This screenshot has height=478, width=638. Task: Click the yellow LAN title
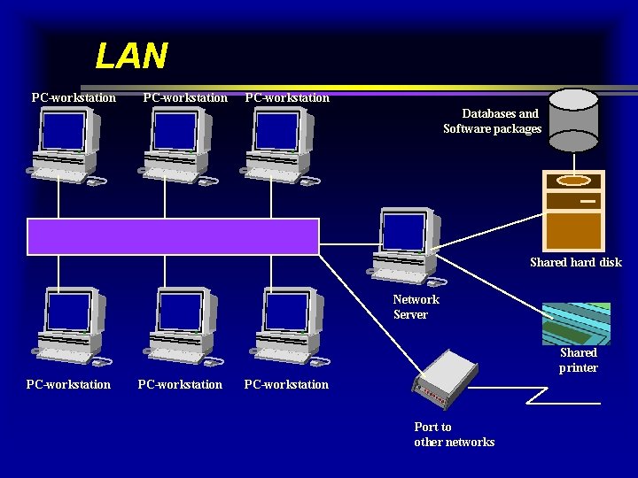(x=131, y=57)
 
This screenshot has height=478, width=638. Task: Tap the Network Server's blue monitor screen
(x=403, y=231)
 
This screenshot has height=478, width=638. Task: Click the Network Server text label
(x=415, y=307)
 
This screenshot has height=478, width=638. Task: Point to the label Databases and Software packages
(x=492, y=121)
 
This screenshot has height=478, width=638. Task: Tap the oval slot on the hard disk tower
(x=573, y=181)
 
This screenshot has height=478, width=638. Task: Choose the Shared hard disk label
(x=575, y=262)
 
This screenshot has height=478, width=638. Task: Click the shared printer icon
(x=576, y=323)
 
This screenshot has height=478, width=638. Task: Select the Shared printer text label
(x=578, y=360)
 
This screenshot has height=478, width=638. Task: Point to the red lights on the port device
(x=430, y=391)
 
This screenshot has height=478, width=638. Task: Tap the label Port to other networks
(x=454, y=435)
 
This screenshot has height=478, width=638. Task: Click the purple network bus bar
(x=173, y=236)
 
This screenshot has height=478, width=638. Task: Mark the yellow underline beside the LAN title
(x=399, y=88)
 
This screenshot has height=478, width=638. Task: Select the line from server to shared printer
(x=493, y=282)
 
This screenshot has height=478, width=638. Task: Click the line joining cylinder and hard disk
(x=573, y=158)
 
